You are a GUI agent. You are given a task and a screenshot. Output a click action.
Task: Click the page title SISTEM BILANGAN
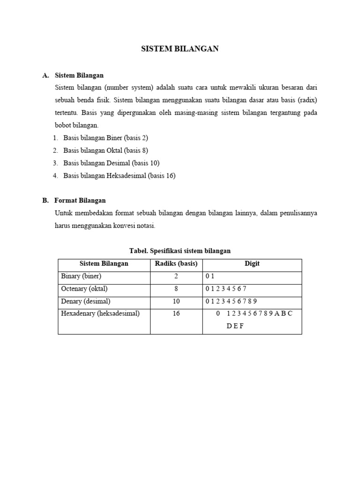(x=180, y=49)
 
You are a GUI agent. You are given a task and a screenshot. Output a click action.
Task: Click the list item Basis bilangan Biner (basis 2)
(x=105, y=138)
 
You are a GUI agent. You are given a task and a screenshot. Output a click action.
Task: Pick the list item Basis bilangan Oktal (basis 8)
(x=105, y=150)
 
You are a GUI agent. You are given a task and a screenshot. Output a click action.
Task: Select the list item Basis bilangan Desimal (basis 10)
(x=111, y=163)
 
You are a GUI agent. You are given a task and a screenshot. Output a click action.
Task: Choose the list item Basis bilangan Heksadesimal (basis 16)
(x=119, y=176)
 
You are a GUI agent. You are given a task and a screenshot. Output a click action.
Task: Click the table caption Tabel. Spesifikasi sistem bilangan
(x=180, y=251)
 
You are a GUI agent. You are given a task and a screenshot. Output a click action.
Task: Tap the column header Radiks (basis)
(x=176, y=263)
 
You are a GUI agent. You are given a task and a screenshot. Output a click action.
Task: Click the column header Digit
(x=252, y=263)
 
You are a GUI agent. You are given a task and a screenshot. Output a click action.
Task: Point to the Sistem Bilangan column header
(x=104, y=263)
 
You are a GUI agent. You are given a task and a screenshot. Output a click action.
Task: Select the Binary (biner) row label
(x=81, y=276)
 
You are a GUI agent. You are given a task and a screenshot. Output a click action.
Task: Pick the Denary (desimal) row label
(x=86, y=301)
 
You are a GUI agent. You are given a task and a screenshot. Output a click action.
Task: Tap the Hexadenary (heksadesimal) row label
(x=100, y=314)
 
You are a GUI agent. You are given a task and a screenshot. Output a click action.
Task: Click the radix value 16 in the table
(x=176, y=314)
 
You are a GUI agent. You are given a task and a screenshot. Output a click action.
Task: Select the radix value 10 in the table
(x=176, y=301)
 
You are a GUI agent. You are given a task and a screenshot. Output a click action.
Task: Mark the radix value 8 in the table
(x=176, y=289)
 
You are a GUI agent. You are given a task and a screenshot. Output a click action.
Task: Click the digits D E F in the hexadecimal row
(x=235, y=326)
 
